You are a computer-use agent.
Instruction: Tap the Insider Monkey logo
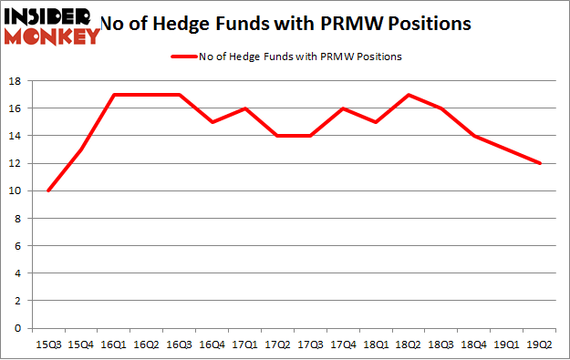pyautogui.click(x=51, y=25)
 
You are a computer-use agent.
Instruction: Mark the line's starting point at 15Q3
pyautogui.click(x=47, y=190)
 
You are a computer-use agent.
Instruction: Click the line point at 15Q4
pyautogui.click(x=80, y=149)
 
